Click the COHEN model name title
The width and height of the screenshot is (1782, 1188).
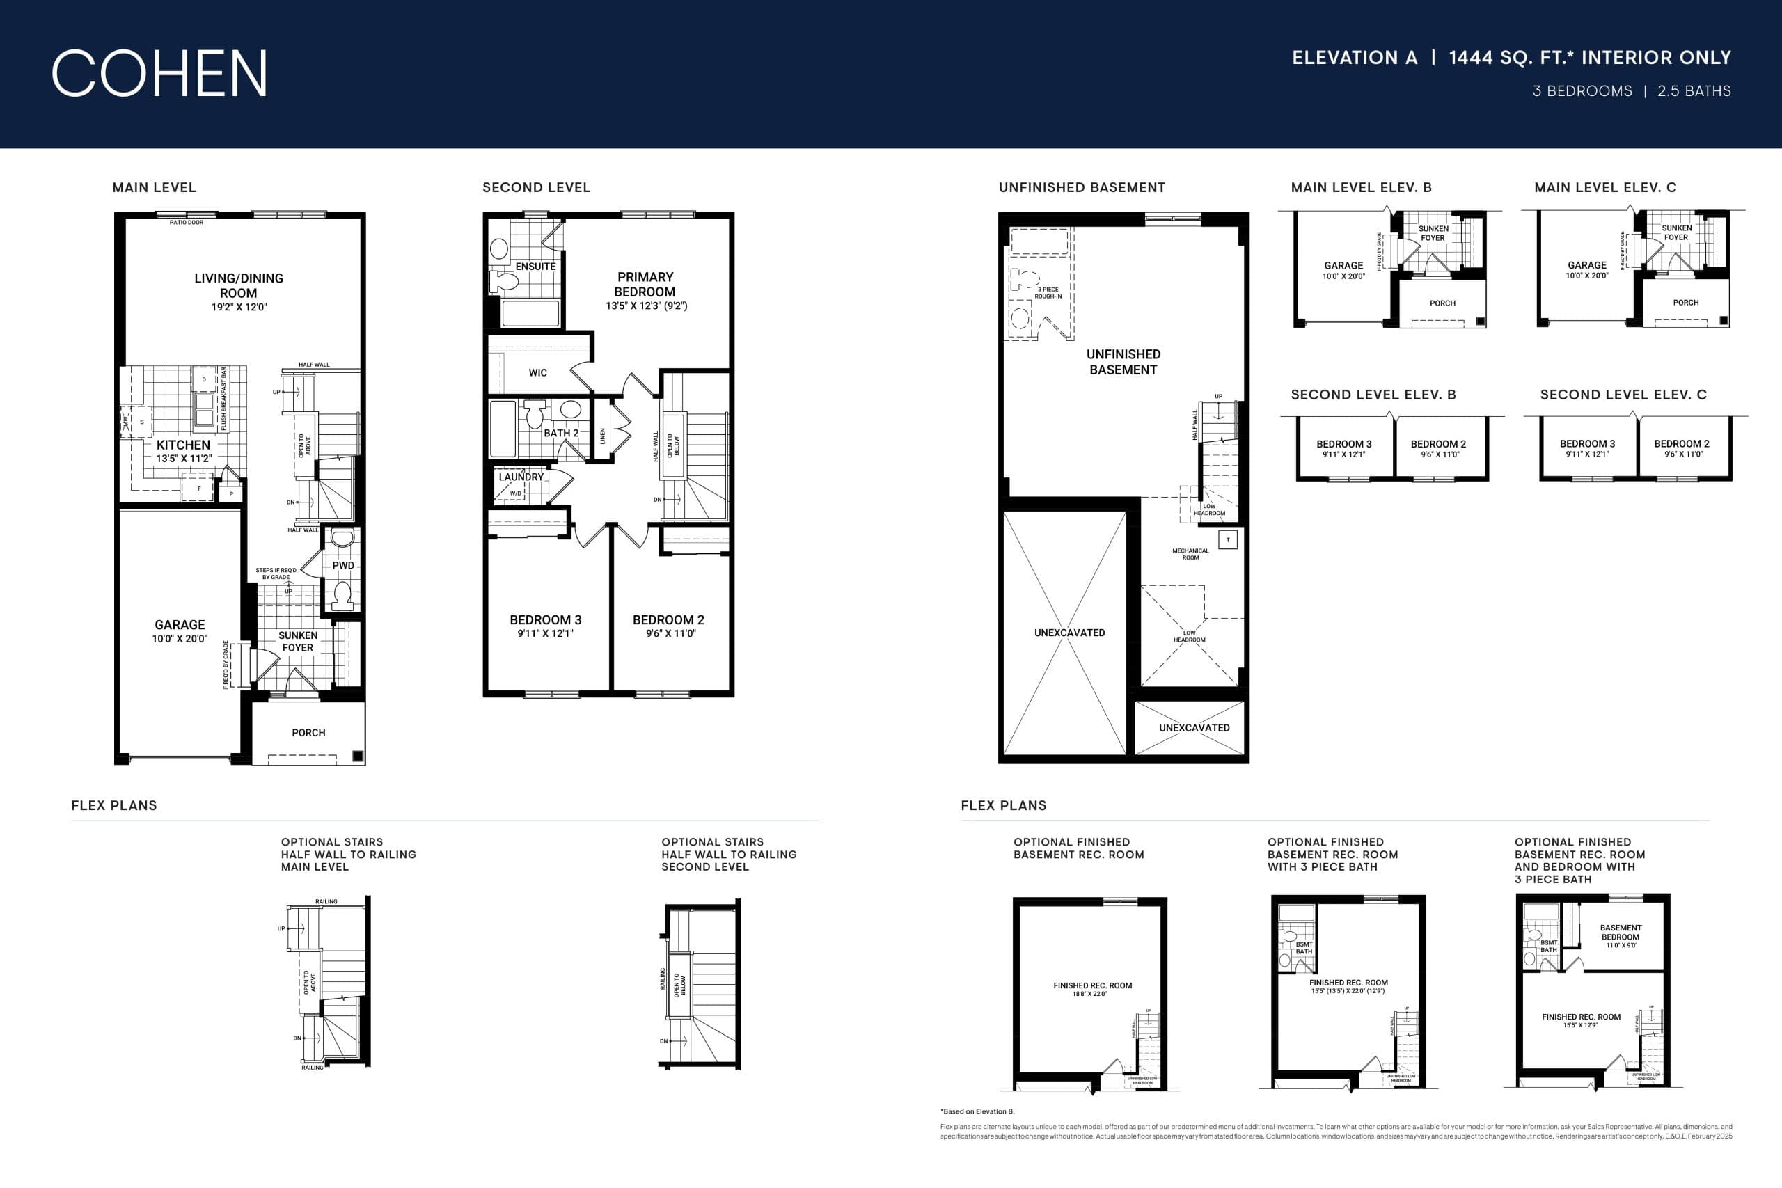coord(159,74)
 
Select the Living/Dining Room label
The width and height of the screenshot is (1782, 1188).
coord(239,285)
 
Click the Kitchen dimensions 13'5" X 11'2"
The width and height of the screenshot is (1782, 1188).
coord(183,459)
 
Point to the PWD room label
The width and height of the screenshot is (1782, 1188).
coord(342,565)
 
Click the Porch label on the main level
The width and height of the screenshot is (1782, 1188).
coord(308,733)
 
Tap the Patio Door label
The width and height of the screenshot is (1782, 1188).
coord(187,223)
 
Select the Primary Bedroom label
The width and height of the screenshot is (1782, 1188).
coord(645,284)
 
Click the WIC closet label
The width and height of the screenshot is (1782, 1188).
coord(537,373)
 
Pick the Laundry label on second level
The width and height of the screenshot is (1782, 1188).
coord(521,477)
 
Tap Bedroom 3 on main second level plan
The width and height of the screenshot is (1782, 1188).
coord(546,620)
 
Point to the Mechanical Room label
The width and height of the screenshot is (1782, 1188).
coord(1190,554)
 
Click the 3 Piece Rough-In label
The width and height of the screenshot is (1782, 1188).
coord(1048,292)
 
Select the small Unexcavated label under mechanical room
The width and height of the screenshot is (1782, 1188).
coord(1194,727)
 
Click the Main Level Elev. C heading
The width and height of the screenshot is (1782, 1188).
coord(1604,187)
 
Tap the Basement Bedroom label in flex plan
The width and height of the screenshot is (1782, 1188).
coord(1621,932)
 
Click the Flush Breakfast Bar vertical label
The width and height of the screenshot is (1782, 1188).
coord(223,399)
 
